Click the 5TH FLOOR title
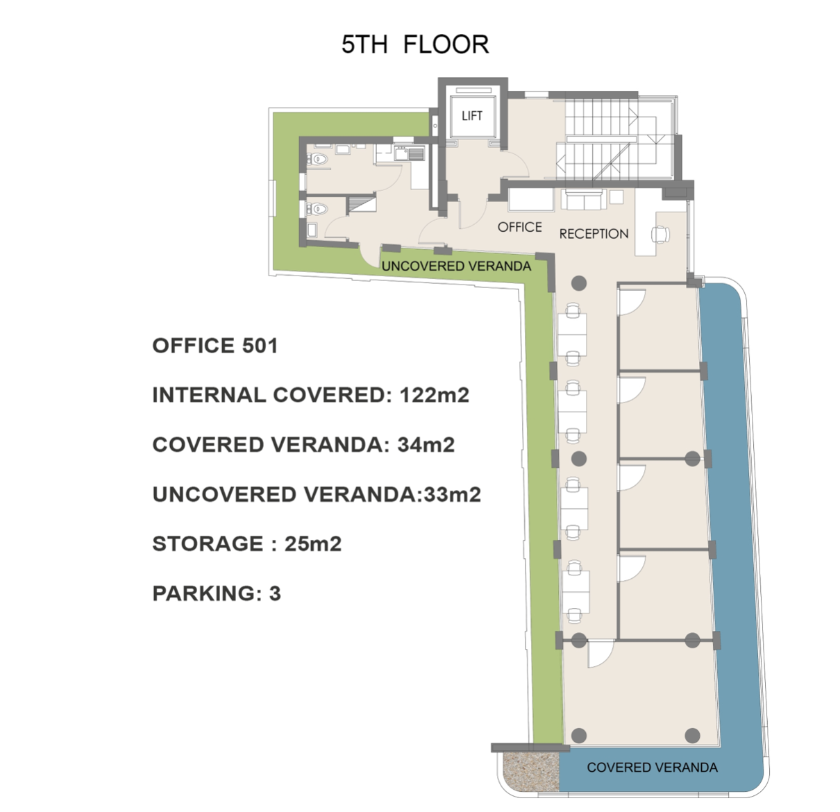(x=415, y=44)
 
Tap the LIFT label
(x=472, y=116)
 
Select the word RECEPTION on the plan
(x=594, y=234)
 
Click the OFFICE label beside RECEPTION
(x=519, y=227)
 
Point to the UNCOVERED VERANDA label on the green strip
(x=456, y=266)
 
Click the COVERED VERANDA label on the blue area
(x=653, y=767)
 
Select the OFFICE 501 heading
(x=215, y=346)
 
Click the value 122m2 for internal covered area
(x=435, y=395)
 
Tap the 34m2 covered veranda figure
(x=426, y=444)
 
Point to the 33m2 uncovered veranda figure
(x=453, y=494)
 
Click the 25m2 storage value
(x=313, y=543)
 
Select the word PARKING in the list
(x=204, y=593)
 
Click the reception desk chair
(x=660, y=235)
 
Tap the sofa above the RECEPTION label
(x=584, y=200)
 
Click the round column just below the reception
(x=579, y=283)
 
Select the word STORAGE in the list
(x=208, y=543)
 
